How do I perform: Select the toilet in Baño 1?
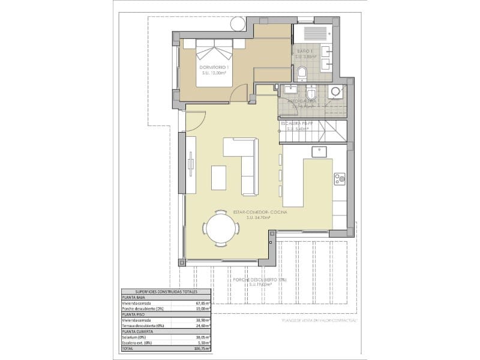pyautogui.click(x=302, y=74)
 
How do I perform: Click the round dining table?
pyautogui.click(x=219, y=228)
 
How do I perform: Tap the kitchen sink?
pyautogui.click(x=319, y=152)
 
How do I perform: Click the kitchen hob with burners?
pyautogui.click(x=340, y=178)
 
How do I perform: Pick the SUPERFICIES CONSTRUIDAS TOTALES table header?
pyautogui.click(x=158, y=290)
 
